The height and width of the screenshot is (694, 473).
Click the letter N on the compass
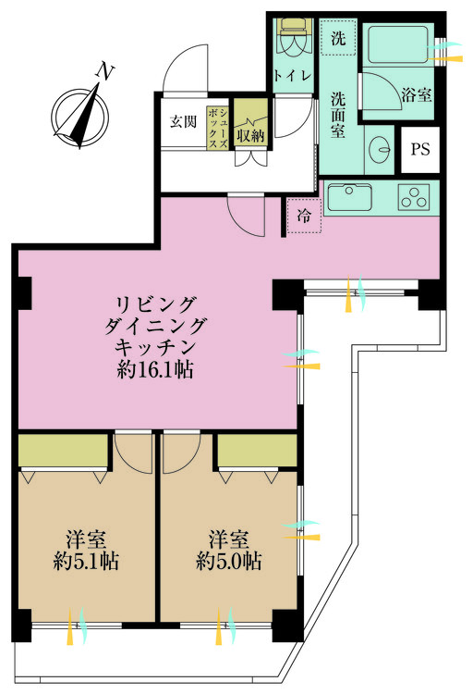[105, 72]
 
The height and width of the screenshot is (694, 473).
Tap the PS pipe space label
[420, 149]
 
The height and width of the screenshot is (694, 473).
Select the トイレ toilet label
[292, 76]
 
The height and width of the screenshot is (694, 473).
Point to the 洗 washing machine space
[338, 37]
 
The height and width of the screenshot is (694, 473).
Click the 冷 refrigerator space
[304, 216]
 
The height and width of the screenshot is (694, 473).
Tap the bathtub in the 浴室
[397, 44]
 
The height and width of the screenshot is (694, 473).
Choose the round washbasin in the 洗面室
[380, 148]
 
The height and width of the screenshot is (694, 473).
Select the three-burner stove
[414, 197]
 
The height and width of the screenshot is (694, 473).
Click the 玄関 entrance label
[184, 122]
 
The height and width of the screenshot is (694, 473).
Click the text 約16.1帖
[154, 369]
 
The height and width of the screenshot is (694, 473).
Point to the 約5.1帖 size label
[86, 562]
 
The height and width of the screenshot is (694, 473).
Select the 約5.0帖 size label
[228, 562]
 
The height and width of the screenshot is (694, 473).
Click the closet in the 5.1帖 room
[63, 450]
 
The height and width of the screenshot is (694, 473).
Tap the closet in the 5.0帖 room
[257, 450]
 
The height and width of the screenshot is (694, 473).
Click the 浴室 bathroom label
[417, 94]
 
